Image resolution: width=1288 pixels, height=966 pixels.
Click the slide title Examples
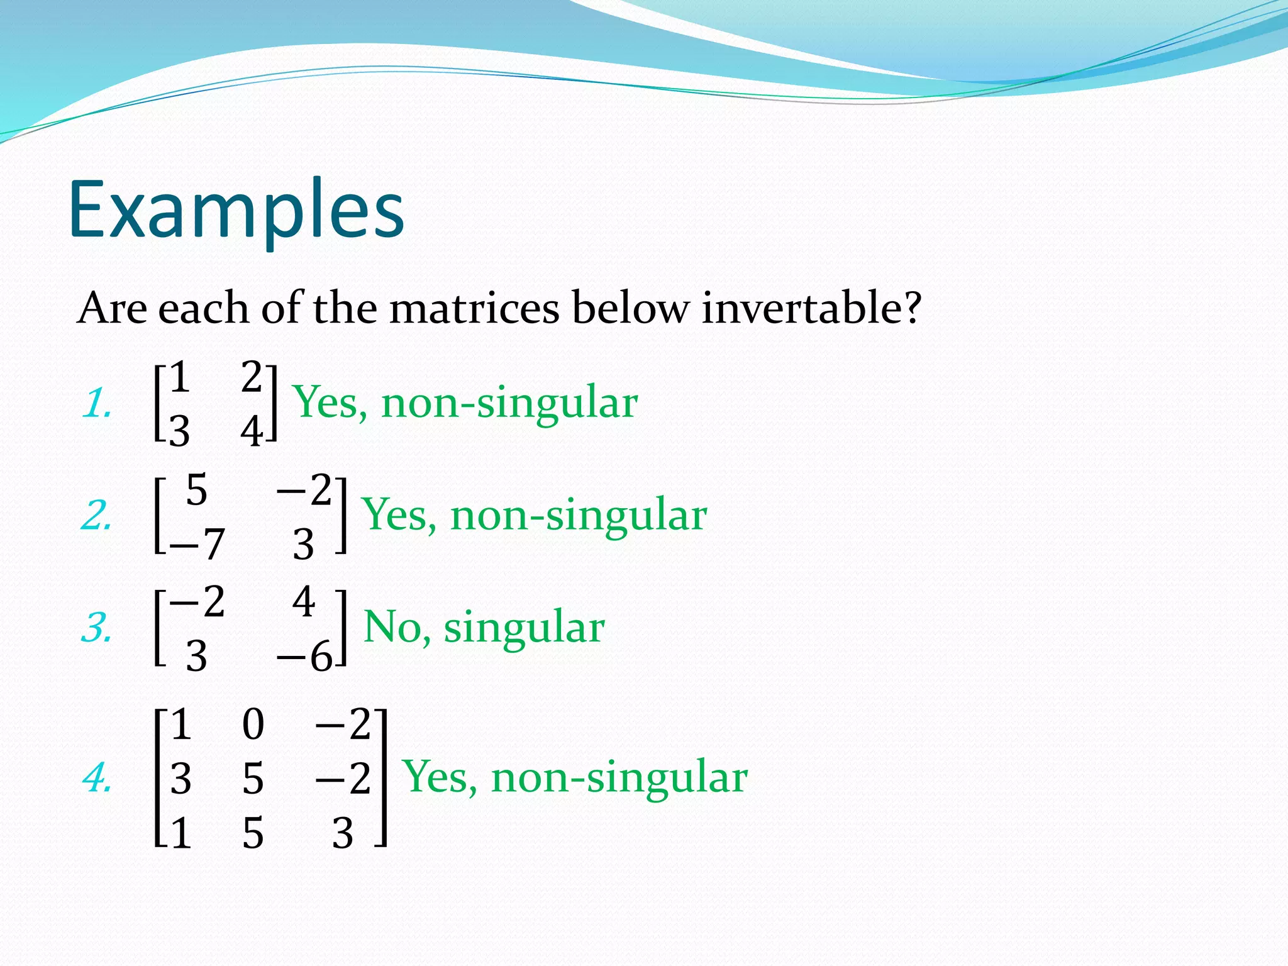pyautogui.click(x=236, y=211)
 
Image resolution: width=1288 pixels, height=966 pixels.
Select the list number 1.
pyautogui.click(x=96, y=404)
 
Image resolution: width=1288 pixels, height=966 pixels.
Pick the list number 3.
pyautogui.click(x=96, y=628)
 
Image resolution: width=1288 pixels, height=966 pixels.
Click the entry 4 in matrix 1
pyautogui.click(x=252, y=432)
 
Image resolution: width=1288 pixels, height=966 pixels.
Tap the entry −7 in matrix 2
pyautogui.click(x=196, y=544)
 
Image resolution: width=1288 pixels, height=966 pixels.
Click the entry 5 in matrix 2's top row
pyautogui.click(x=196, y=490)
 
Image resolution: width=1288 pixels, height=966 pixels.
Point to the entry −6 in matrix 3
pyautogui.click(x=304, y=657)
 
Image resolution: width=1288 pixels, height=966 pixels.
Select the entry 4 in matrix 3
pyautogui.click(x=303, y=602)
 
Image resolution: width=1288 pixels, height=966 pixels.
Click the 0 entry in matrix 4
pyautogui.click(x=253, y=724)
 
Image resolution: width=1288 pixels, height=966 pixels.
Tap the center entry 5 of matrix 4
pyautogui.click(x=253, y=779)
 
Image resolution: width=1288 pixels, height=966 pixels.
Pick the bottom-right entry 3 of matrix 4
pyautogui.click(x=343, y=834)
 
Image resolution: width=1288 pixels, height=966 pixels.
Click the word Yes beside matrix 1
pyautogui.click(x=330, y=402)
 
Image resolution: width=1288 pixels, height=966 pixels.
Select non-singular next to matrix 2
pyautogui.click(x=579, y=515)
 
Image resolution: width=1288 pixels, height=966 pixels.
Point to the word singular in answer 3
pyautogui.click(x=524, y=628)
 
